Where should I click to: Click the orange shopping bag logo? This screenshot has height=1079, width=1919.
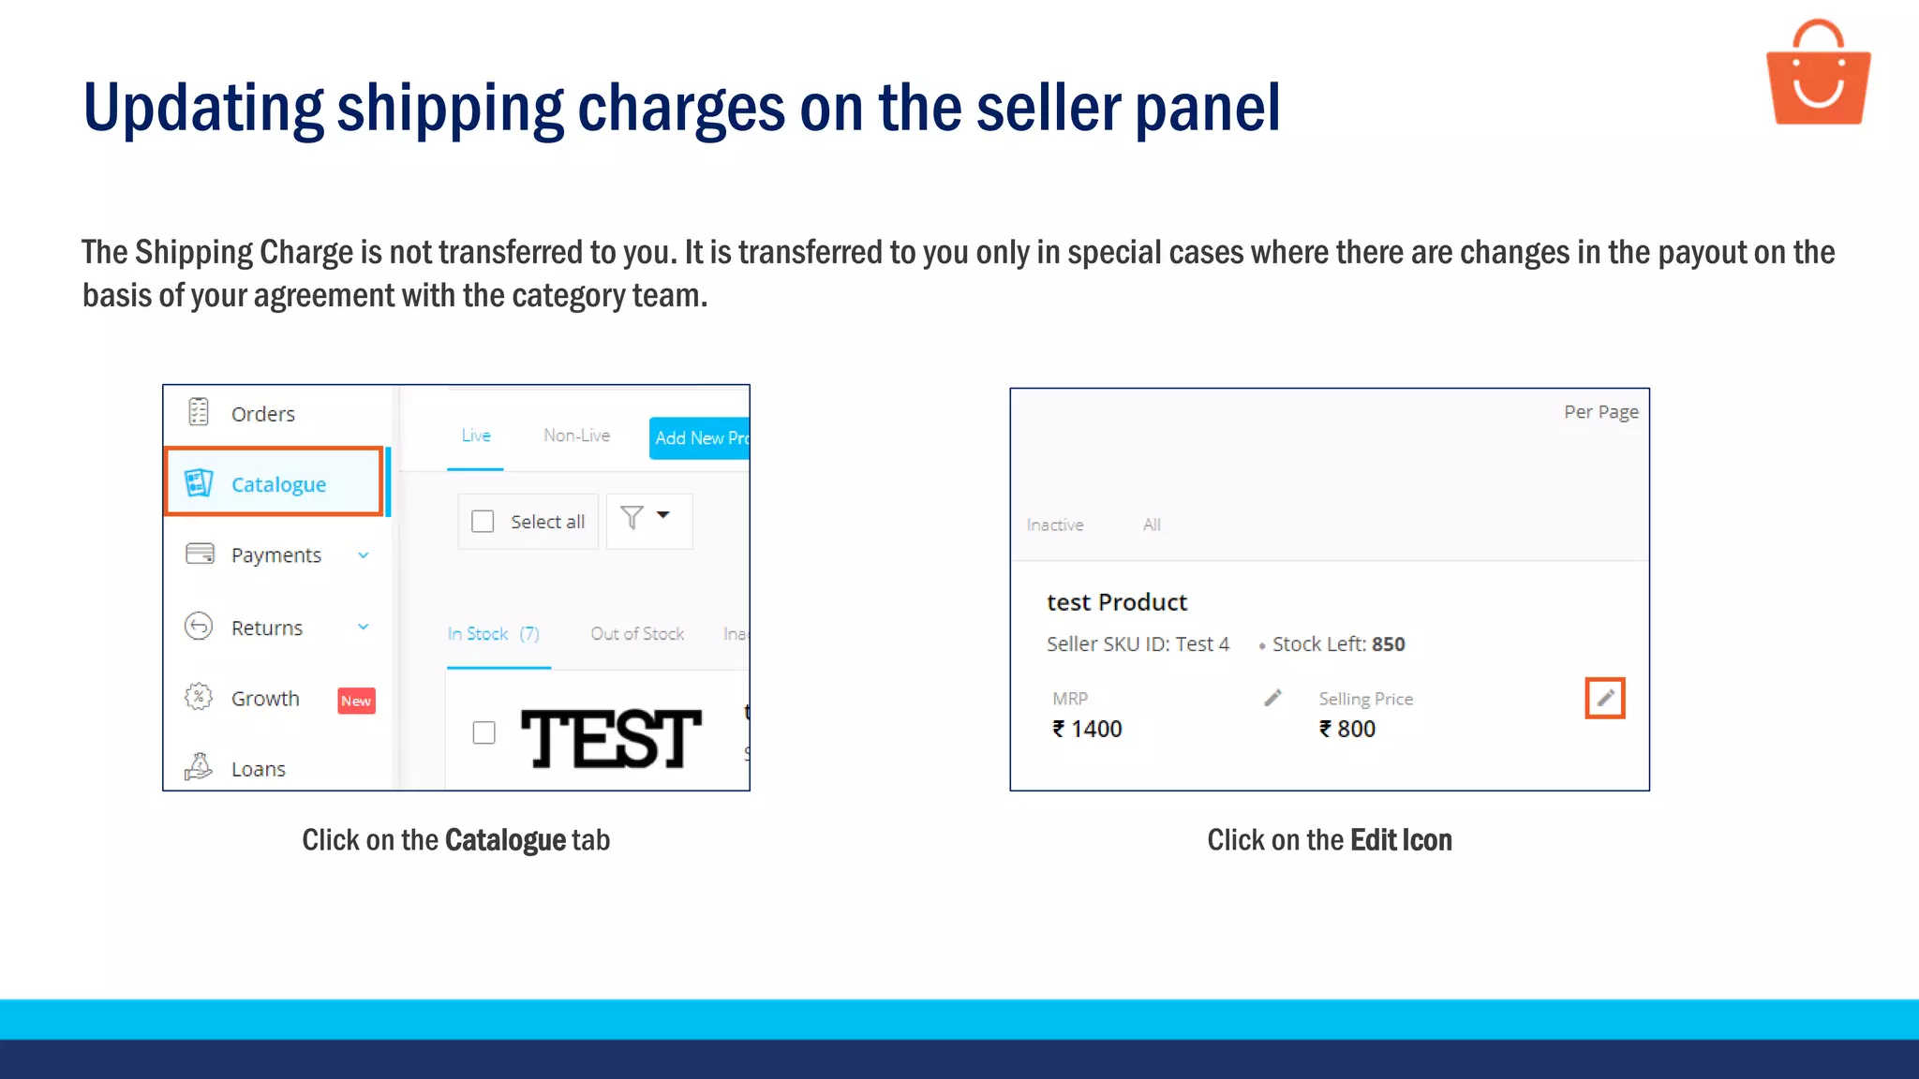point(1818,75)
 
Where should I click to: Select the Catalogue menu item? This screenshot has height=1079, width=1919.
point(277,484)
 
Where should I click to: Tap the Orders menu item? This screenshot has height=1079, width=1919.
point(262,414)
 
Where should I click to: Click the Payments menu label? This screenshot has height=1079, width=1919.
point(275,555)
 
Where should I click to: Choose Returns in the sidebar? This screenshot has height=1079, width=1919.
point(266,628)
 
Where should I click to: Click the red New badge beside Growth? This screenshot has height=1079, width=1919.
point(356,701)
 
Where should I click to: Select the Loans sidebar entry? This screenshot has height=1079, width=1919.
point(258,769)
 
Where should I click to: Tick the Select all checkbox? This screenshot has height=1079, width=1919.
point(483,522)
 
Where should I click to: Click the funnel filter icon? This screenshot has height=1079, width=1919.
point(632,518)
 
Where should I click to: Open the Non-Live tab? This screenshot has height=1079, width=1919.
point(576,436)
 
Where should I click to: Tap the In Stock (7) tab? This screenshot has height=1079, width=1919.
point(494,634)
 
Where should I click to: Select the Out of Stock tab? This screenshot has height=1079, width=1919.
point(637,634)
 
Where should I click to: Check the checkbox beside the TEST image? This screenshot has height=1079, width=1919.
point(483,732)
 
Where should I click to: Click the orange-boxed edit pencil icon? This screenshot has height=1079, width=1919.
point(1605,698)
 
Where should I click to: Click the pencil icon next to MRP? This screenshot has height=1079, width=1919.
point(1272,698)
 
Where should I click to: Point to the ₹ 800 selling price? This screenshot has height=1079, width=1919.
point(1347,729)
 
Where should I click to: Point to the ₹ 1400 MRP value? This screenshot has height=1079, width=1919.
point(1088,729)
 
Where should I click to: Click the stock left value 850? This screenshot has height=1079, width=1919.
point(1389,644)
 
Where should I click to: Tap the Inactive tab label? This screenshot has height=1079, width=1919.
point(1055,525)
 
